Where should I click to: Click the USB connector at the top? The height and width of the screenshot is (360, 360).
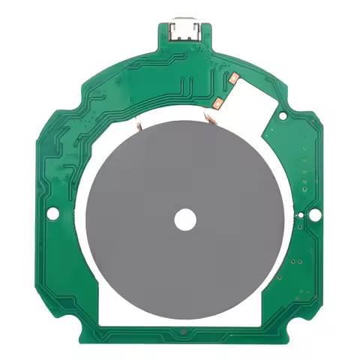[x=183, y=29]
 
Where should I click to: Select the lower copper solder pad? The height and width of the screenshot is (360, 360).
[x=218, y=101]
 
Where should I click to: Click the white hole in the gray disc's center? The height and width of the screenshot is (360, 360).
[x=184, y=219]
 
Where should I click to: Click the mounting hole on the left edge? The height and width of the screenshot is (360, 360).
[x=52, y=214]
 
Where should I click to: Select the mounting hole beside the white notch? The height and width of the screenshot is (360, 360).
[x=282, y=117]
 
